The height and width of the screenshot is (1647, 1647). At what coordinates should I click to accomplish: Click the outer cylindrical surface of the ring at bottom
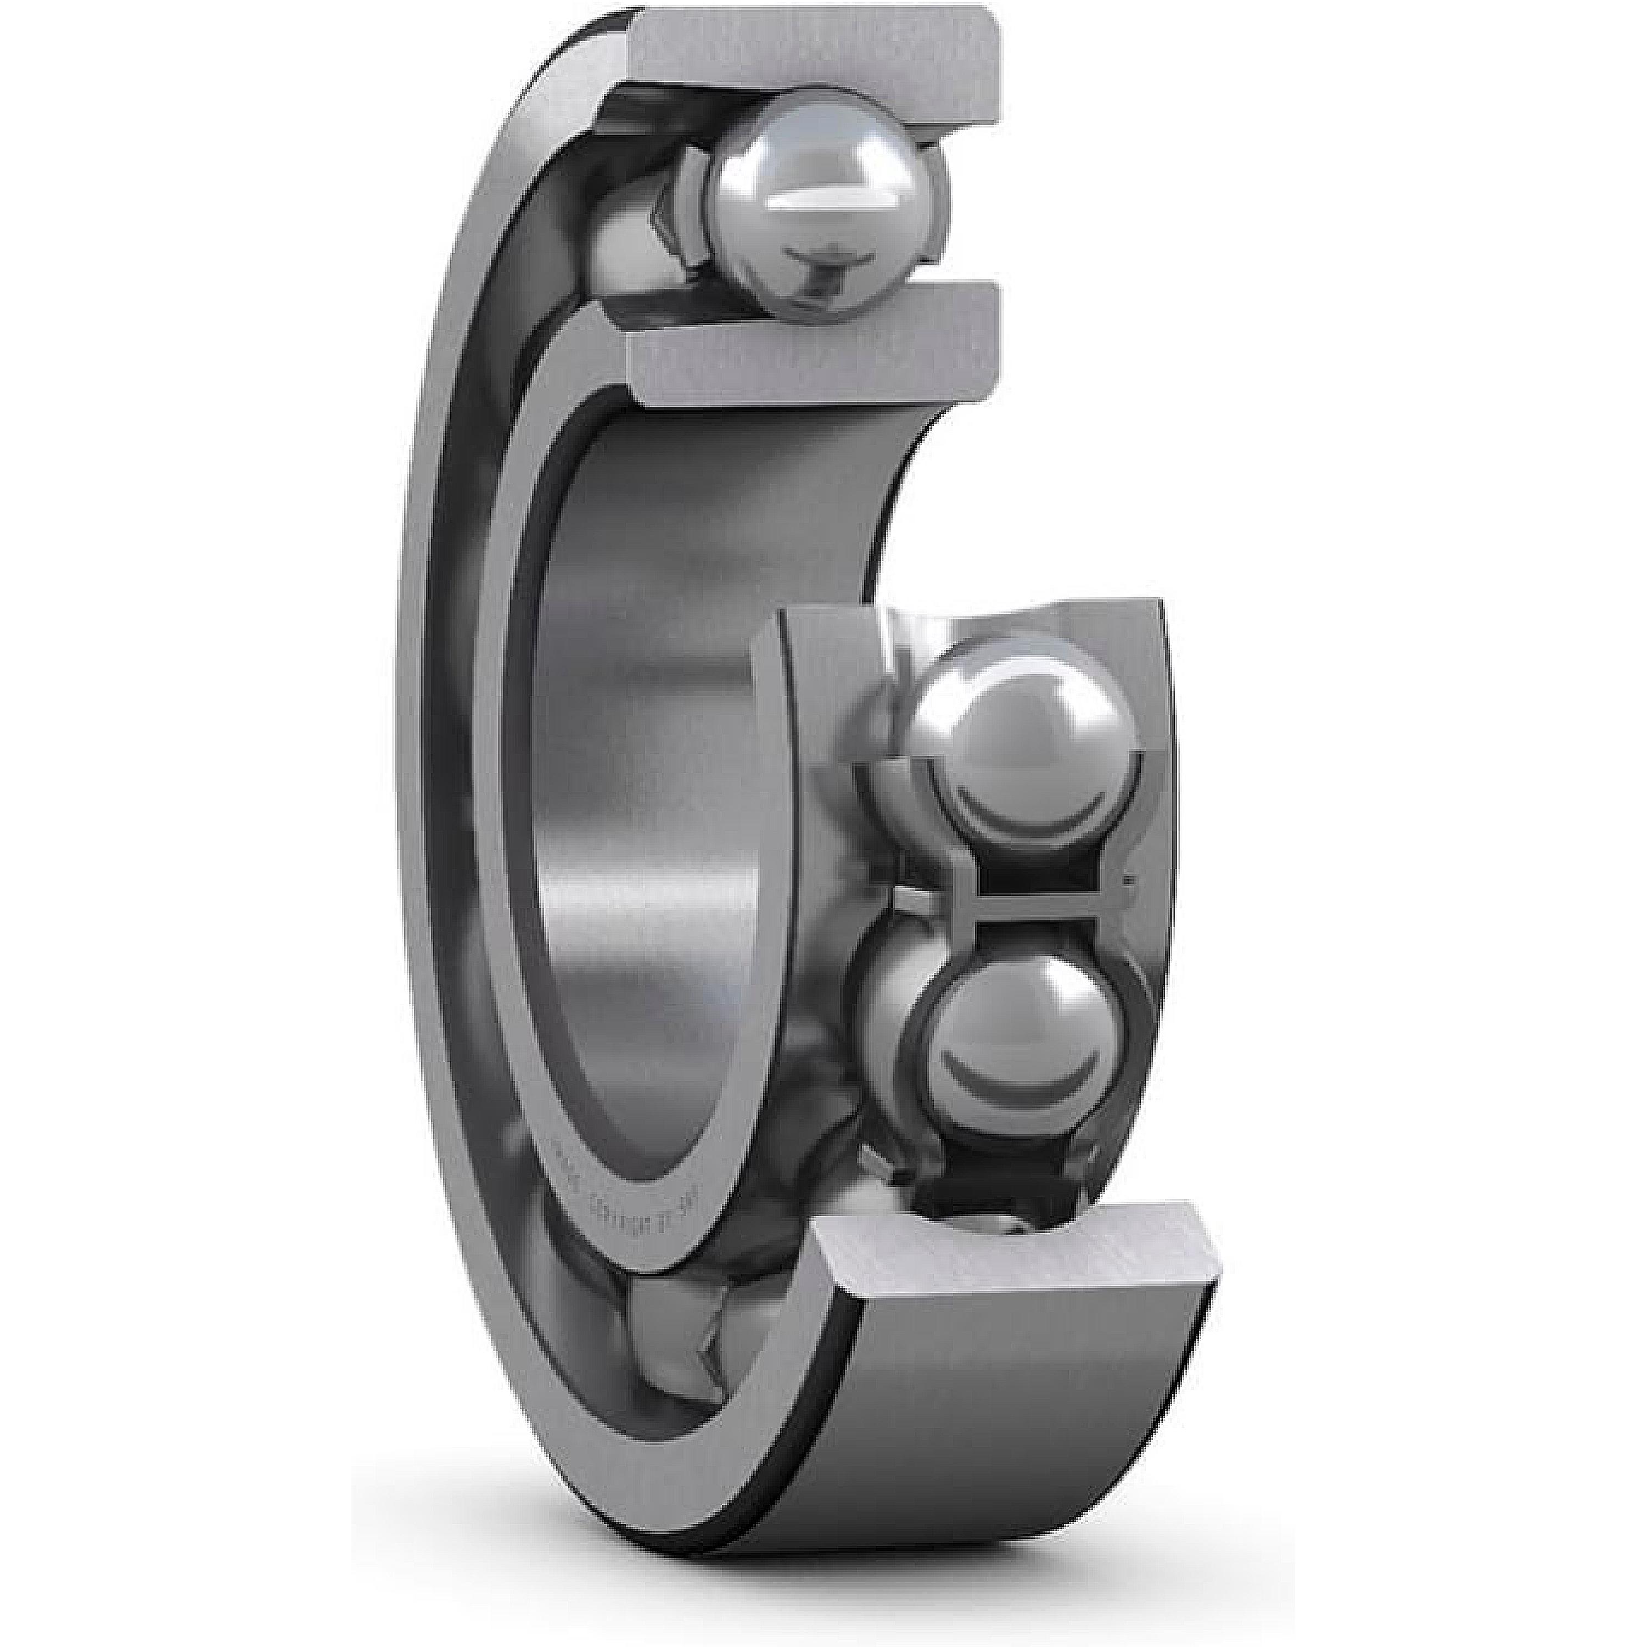(981, 1449)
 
